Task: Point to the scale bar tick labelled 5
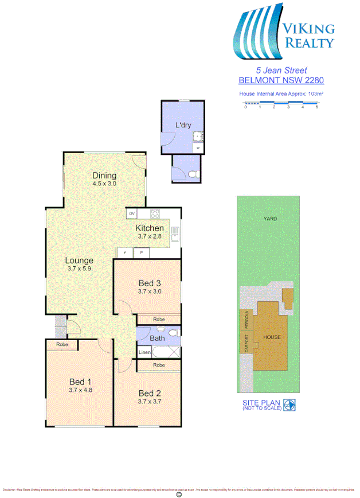(317, 107)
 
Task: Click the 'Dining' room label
(104, 176)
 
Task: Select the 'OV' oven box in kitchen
(132, 214)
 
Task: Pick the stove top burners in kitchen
(155, 214)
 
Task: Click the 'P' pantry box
(140, 252)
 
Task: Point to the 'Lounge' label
(79, 260)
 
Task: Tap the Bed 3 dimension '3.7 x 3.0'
(150, 291)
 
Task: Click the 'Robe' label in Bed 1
(63, 345)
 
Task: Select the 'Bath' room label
(157, 339)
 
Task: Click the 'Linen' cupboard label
(144, 352)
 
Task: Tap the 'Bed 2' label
(149, 393)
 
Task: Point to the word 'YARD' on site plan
(271, 219)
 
